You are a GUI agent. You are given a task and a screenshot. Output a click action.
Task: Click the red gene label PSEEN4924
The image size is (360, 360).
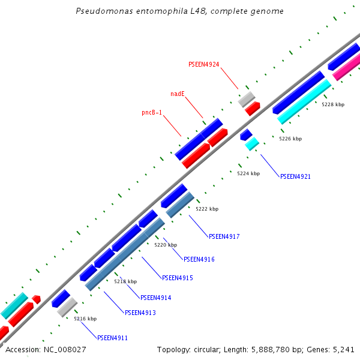(203, 64)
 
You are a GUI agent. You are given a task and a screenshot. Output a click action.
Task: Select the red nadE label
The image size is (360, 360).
(177, 94)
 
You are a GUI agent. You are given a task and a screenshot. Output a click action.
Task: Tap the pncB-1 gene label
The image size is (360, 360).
(152, 112)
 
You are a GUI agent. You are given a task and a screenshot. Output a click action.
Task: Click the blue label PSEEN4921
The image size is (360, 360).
(295, 176)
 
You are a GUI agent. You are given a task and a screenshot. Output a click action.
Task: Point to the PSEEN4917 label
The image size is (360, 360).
(224, 236)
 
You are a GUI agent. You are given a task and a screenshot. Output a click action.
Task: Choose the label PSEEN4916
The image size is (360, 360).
(199, 259)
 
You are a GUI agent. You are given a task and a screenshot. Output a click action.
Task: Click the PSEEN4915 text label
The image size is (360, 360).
(177, 278)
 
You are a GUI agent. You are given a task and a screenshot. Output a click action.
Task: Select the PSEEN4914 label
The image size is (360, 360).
(155, 298)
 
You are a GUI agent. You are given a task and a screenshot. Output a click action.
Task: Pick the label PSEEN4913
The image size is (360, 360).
(140, 313)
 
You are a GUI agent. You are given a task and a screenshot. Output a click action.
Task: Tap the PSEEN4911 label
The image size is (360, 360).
(112, 338)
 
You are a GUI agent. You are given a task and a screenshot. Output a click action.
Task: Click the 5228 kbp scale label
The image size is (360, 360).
(333, 104)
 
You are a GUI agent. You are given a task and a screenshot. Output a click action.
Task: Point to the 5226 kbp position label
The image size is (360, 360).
(290, 139)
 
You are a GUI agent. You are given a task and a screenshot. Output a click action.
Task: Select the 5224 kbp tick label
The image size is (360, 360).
(248, 173)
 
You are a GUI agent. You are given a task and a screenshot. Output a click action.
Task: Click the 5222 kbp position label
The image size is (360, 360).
(207, 209)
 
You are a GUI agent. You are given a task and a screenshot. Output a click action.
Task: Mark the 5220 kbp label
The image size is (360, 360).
(166, 245)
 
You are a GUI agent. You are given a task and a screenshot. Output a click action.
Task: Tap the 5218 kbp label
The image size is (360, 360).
(125, 281)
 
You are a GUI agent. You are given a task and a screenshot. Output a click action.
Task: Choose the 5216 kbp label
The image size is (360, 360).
(85, 319)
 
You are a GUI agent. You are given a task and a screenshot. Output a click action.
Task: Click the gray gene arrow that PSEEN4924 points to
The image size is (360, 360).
(247, 99)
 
